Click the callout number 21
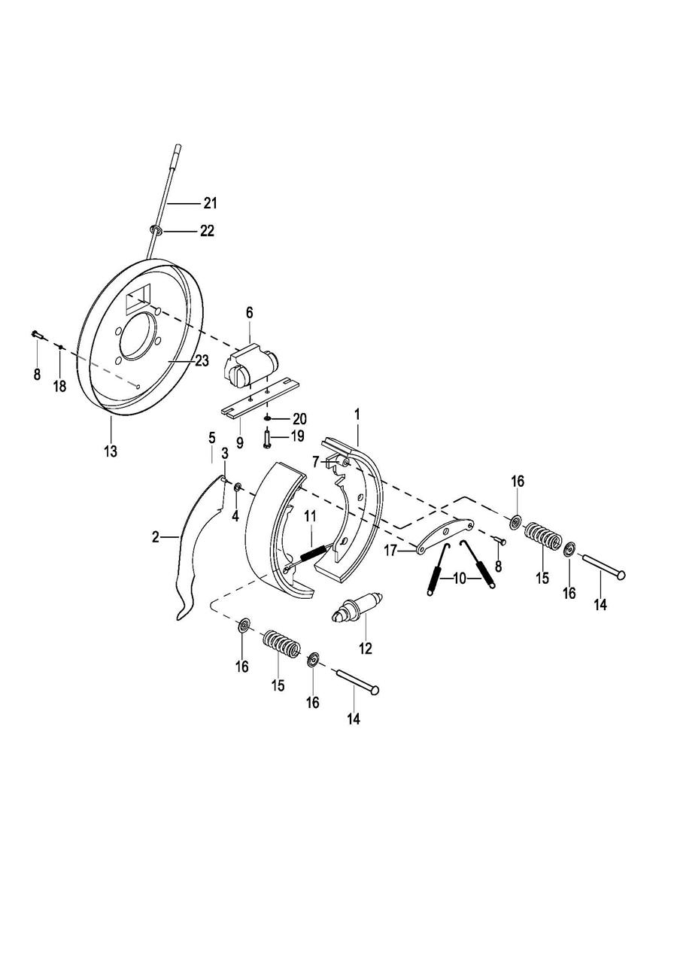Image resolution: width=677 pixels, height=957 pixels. pos(209,203)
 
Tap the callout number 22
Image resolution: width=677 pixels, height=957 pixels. pos(207,231)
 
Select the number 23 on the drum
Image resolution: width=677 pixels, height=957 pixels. pos(202,361)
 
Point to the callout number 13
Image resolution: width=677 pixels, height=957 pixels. pos(111,451)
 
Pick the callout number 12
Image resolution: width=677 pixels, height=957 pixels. pos(366,648)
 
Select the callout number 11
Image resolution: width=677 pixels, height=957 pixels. pos(310,517)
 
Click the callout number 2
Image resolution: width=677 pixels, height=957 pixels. pos(156,537)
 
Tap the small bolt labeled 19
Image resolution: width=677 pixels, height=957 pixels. pos(266,439)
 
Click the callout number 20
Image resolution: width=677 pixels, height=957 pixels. pos(299,418)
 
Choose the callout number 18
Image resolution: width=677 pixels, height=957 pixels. pos(59,387)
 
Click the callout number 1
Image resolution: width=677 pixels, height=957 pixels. pos(357,414)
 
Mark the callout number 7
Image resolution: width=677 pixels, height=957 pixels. pos(315,462)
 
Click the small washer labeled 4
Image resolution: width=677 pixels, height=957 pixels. pos(238,487)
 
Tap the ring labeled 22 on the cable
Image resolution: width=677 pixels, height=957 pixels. pos(156,231)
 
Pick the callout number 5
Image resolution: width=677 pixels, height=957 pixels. pos(212,437)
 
